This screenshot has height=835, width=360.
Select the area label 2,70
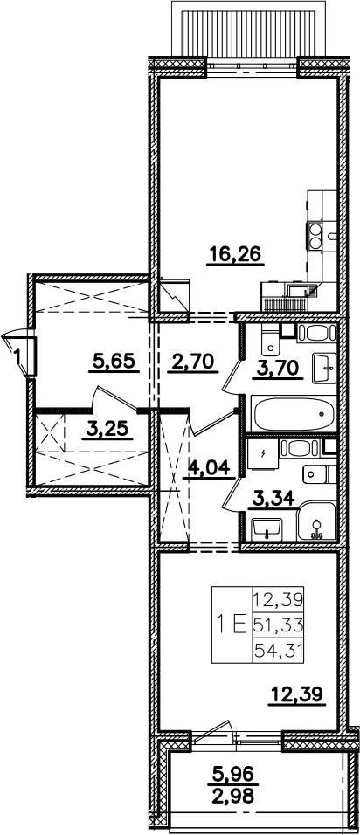coord(193,362)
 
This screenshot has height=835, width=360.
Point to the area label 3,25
coord(108,429)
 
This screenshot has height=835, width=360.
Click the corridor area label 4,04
coord(210,469)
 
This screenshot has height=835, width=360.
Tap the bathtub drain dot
coord(322,414)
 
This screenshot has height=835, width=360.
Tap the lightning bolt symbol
coord(263,453)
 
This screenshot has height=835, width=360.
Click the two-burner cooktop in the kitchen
coord(315,236)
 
